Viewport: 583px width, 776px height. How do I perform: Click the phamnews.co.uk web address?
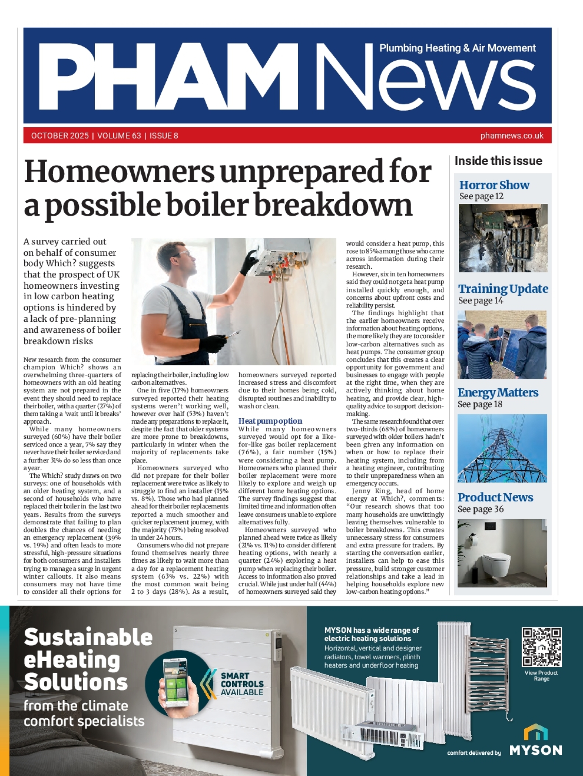[x=512, y=136]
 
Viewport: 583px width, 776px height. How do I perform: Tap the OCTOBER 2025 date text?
[x=60, y=136]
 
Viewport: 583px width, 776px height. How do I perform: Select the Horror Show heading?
[x=494, y=185]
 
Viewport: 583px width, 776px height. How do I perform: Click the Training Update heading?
[x=503, y=289]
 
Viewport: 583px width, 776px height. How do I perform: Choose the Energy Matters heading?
[x=497, y=393]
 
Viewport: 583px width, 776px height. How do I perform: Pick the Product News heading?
[x=495, y=497]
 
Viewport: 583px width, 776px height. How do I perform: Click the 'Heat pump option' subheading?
[x=270, y=421]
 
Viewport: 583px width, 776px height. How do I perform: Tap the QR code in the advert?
[x=541, y=647]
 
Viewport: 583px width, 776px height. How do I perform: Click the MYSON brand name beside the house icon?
[x=536, y=750]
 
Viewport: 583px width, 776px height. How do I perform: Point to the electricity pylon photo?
[x=502, y=448]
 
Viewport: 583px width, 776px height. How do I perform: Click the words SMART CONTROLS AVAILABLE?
[x=242, y=684]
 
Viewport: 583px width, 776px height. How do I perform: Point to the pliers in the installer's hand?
[x=232, y=334]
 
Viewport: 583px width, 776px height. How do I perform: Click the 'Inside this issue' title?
[x=498, y=161]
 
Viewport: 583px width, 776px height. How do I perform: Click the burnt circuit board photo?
[x=503, y=238]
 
